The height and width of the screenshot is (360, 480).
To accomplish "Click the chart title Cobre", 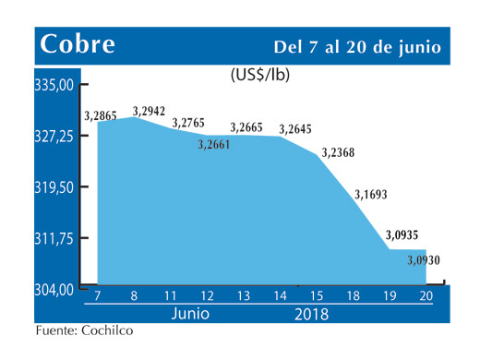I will point(77,44).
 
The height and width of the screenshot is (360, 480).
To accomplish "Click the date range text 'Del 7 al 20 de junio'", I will point(356,46).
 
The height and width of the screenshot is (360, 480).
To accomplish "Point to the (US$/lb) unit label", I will point(259,75).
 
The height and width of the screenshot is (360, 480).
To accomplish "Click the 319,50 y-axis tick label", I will point(54,187).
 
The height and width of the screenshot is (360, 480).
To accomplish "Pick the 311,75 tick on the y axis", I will point(54,238).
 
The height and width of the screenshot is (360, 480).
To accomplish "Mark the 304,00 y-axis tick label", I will point(54,289).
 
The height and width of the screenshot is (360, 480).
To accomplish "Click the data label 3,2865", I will point(102,115).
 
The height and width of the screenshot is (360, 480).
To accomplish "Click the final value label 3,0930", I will point(423,261).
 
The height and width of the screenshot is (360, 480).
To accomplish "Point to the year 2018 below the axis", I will point(310,313).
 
